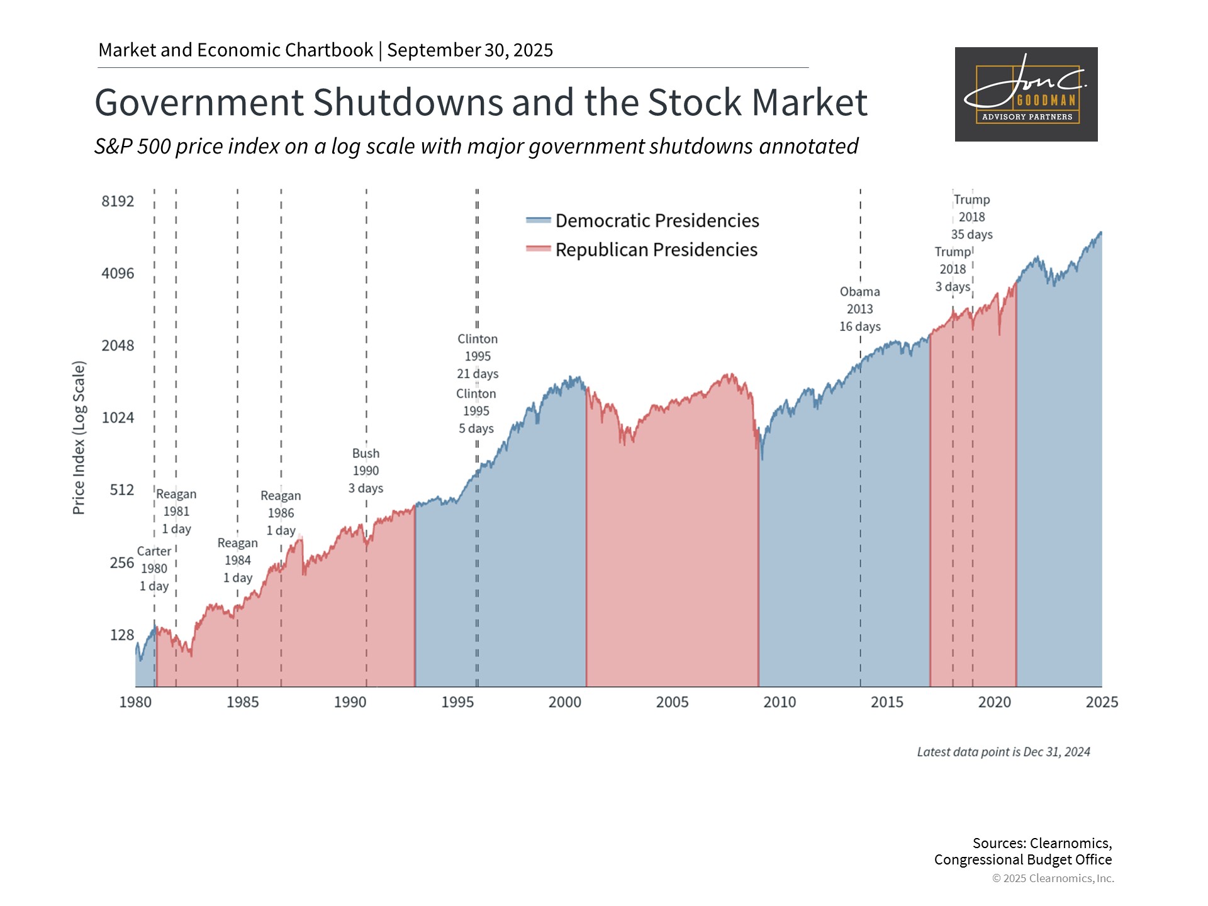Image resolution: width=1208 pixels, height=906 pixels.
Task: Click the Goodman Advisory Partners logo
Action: [x=1026, y=94]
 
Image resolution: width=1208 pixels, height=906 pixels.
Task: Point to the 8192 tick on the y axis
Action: [x=118, y=201]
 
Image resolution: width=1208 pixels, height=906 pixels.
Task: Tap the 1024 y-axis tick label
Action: [x=118, y=418]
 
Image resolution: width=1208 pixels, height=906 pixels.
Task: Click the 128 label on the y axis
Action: [x=122, y=635]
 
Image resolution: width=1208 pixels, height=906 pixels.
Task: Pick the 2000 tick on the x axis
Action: [x=564, y=702]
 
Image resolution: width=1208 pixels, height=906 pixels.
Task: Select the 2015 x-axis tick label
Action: [x=886, y=702]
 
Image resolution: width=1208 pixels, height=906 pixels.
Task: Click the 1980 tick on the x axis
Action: [x=135, y=702]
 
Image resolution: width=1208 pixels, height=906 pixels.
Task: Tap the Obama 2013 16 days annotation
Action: [x=859, y=309]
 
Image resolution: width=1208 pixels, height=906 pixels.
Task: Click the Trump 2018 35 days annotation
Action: [x=971, y=217]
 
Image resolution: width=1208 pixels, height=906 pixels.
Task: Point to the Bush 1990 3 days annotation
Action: [x=366, y=471]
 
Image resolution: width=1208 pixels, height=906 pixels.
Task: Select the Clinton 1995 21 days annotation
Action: [x=478, y=356]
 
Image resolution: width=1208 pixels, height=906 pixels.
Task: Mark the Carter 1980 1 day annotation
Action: [x=154, y=569]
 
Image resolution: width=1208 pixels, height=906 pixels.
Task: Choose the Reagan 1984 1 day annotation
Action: [x=238, y=561]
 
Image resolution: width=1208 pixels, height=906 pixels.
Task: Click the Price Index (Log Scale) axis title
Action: [x=79, y=438]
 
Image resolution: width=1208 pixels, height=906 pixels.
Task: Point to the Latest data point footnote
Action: [x=1003, y=752]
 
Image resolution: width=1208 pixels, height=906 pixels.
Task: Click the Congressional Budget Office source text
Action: [x=1022, y=859]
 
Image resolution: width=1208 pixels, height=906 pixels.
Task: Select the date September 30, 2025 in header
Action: [x=470, y=50]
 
